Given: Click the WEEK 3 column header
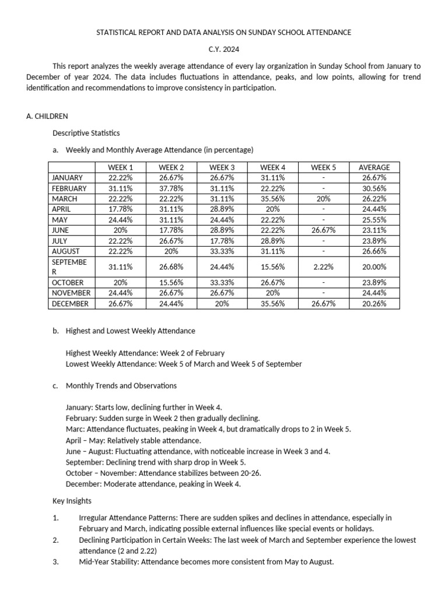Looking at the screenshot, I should pyautogui.click(x=222, y=167).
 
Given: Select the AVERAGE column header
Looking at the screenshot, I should pyautogui.click(x=374, y=167).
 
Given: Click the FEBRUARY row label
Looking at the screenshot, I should pyautogui.click(x=69, y=188).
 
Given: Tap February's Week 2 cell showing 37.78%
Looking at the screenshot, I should pyautogui.click(x=171, y=188).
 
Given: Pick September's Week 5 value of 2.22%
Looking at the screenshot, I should pyautogui.click(x=324, y=266).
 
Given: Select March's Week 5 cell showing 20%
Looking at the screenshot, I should pyautogui.click(x=324, y=199).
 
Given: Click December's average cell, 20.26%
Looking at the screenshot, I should pyautogui.click(x=374, y=304).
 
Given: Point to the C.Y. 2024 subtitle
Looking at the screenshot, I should pyautogui.click(x=224, y=50).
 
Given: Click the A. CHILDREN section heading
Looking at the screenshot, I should pyautogui.click(x=47, y=117).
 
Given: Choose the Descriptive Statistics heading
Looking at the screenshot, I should pyautogui.click(x=86, y=134).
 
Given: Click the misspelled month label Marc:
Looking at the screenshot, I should pyautogui.click(x=75, y=429).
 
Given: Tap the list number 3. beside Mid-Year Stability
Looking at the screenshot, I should pyautogui.click(x=55, y=562).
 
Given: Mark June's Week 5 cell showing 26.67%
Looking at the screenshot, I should pyautogui.click(x=324, y=230).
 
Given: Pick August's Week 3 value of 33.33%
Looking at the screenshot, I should pyautogui.click(x=222, y=251).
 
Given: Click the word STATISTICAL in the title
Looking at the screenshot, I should pyautogui.click(x=117, y=33).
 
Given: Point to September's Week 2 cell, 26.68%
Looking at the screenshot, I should pyautogui.click(x=171, y=266).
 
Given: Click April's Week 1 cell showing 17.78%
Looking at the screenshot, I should pyautogui.click(x=121, y=209).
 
